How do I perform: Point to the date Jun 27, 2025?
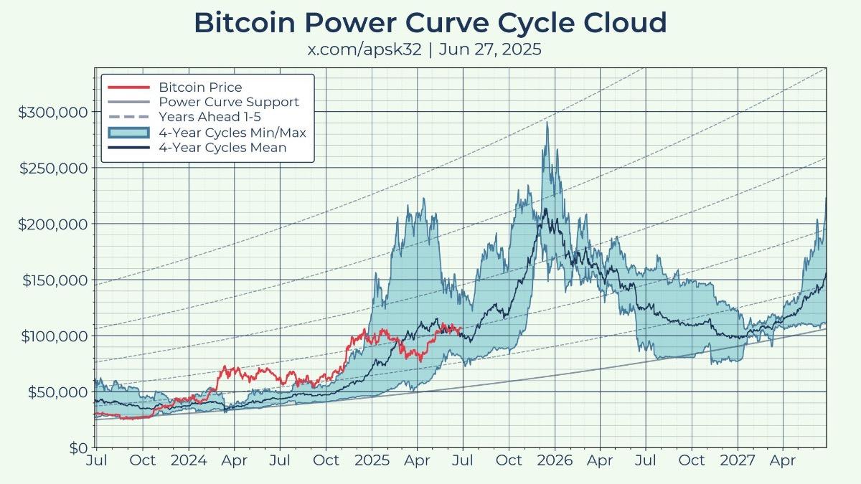tap(491, 50)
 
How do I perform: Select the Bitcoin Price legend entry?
tap(200, 87)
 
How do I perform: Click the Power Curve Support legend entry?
tap(228, 103)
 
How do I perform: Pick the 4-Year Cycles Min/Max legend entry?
tap(232, 133)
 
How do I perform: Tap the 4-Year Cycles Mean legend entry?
tap(222, 148)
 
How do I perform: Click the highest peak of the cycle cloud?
tap(548, 123)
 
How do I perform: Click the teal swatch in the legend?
tap(128, 133)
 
